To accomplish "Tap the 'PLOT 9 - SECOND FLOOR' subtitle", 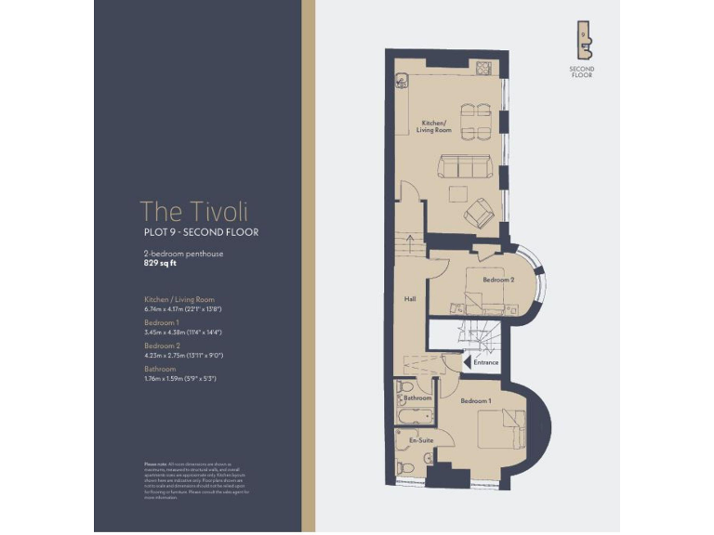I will click(x=199, y=231).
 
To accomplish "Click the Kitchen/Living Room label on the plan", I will click(x=434, y=126).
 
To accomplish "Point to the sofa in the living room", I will click(x=466, y=166).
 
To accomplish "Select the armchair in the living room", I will click(x=480, y=213).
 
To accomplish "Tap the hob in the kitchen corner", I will click(x=483, y=67).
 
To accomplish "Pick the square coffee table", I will click(x=456, y=193).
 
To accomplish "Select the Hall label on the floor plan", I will click(x=409, y=299).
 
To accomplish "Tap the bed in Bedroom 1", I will click(x=502, y=431).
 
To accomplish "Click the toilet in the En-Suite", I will click(x=404, y=467).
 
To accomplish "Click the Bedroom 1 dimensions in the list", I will click(x=182, y=332).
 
